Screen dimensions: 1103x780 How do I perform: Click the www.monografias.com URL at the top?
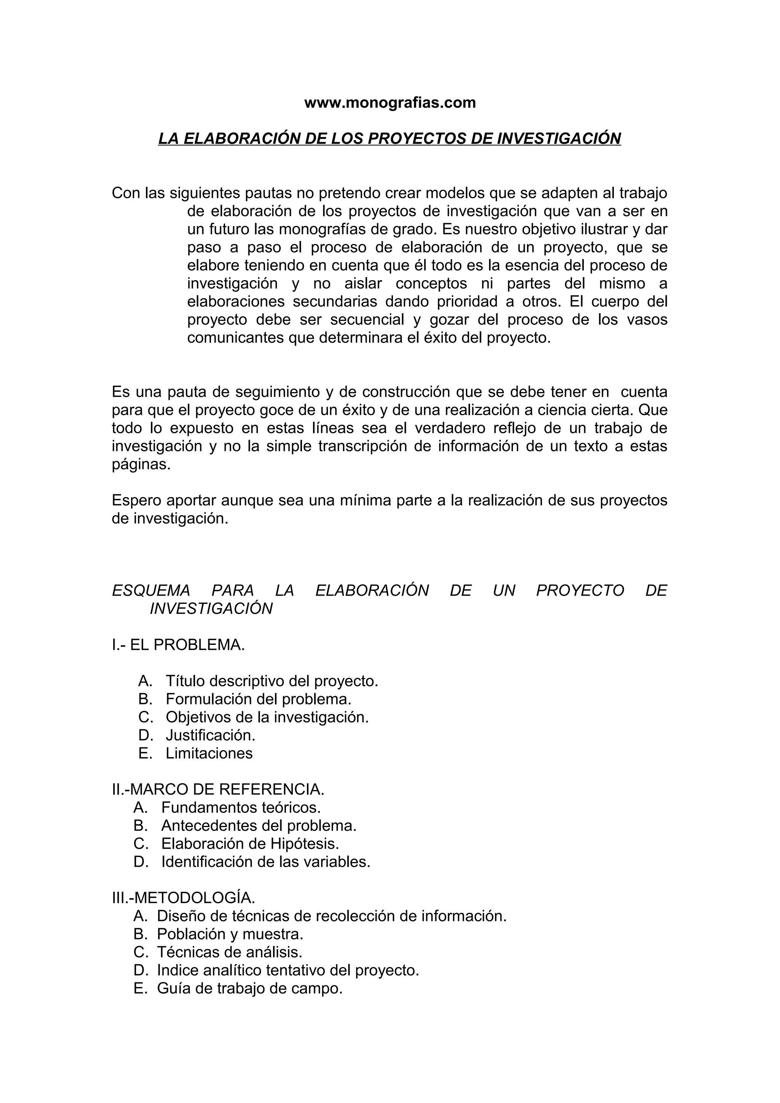click(390, 103)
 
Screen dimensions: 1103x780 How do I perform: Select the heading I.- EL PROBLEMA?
click(178, 645)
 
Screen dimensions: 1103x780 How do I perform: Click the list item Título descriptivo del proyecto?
click(272, 681)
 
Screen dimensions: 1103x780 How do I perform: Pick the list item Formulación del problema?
click(259, 698)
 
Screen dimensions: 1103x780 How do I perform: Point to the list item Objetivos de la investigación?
click(267, 717)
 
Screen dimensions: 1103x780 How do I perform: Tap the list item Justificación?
click(211, 735)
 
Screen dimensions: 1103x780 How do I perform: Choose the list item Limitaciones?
click(209, 753)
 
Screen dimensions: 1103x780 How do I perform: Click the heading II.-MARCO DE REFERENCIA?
click(218, 789)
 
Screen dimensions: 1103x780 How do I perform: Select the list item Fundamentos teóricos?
click(241, 807)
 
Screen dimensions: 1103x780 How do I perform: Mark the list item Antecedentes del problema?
click(259, 825)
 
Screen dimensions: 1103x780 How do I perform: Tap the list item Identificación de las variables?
click(266, 861)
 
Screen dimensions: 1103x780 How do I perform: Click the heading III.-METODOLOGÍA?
click(184, 897)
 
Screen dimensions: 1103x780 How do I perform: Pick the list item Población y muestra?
click(230, 934)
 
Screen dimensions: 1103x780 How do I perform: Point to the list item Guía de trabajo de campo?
click(249, 988)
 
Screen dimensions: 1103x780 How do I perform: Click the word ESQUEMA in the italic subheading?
click(151, 590)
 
